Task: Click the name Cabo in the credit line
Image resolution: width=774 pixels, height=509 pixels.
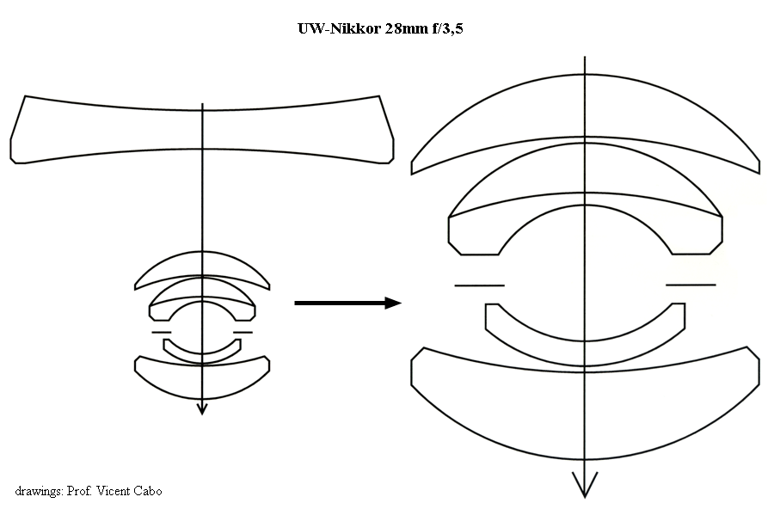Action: coord(147,491)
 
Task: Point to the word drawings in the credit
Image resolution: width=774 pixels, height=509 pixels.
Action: coord(39,491)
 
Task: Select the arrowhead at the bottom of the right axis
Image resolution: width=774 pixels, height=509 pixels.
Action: coord(585,488)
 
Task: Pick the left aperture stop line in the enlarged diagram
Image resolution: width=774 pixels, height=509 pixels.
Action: coord(479,285)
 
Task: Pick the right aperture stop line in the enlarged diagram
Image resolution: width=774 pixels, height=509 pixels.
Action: coord(691,285)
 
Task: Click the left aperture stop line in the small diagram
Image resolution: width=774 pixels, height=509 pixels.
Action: coord(161,331)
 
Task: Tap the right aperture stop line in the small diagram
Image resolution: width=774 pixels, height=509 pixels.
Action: coord(243,331)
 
